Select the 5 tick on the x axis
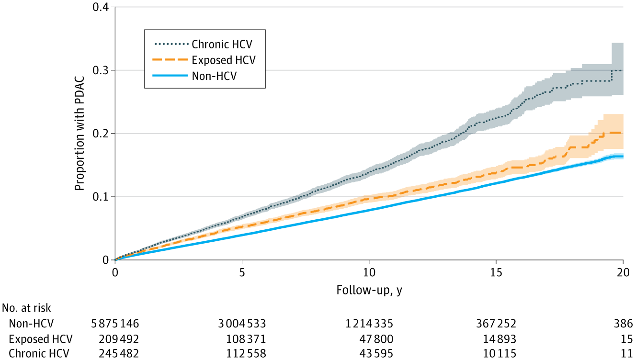click(242, 270)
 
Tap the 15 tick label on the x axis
click(496, 270)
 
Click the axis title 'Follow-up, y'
click(369, 290)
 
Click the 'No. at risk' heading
click(27, 308)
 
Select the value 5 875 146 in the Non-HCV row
click(115, 323)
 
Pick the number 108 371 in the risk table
click(246, 339)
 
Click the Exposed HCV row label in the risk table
click(40, 339)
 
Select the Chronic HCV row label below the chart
click(39, 354)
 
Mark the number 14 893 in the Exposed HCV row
click(499, 339)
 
